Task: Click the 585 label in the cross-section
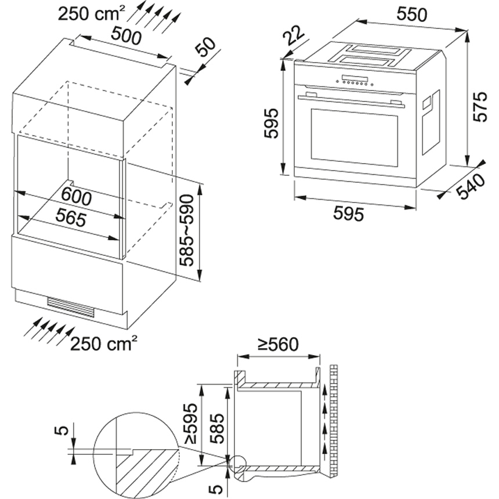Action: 215,428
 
